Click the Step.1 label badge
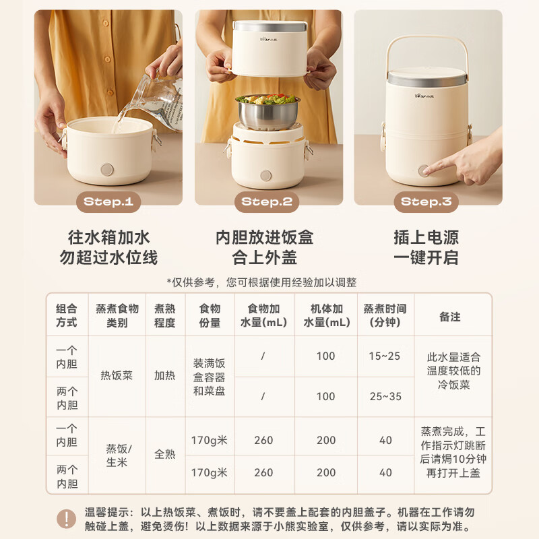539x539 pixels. pos(108,201)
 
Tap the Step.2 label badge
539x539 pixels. pos(267,201)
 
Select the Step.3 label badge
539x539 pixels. pos(426,201)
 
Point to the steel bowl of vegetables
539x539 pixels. pos(267,109)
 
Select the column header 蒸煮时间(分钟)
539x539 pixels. pos(385,315)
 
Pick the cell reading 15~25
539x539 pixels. pos(385,356)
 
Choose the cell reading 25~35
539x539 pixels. pos(385,396)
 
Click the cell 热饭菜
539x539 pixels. pos(117,376)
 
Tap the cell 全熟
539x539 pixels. pos(164,455)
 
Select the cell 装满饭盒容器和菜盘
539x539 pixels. pos(210,376)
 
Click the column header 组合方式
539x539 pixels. pos(67,315)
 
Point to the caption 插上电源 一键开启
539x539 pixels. pos(426,247)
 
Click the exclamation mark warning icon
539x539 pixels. pos(65,518)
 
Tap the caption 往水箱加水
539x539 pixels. pos(108,238)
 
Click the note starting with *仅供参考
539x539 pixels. pos(262,282)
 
